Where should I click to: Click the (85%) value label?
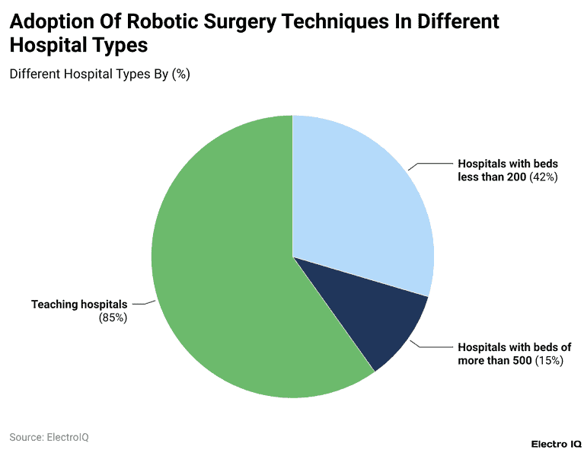pos(113,317)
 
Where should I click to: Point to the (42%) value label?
pos(544,177)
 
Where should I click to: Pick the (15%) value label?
pos(547,360)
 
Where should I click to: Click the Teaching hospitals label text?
pos(79,304)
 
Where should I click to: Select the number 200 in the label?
pos(517,177)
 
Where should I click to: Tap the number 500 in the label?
pos(520,360)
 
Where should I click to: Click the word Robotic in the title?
pos(162,21)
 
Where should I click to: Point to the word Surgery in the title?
pos(241,21)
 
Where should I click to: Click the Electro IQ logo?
pos(556,443)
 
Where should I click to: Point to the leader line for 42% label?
pos(430,164)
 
